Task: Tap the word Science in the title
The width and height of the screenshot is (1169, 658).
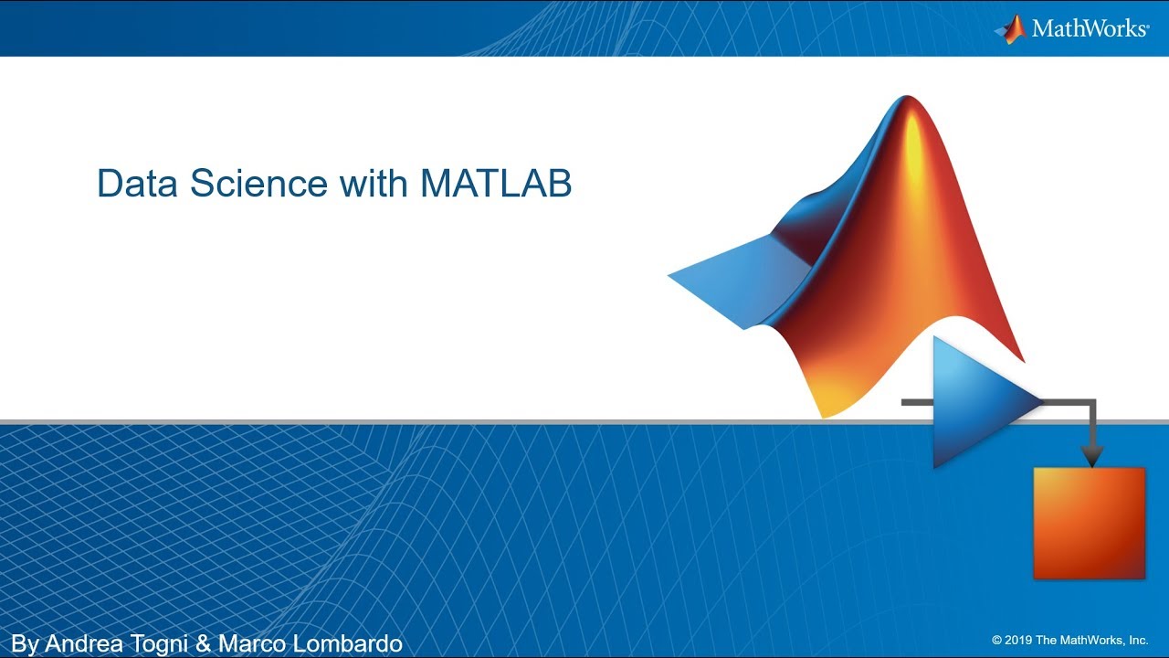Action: [259, 184]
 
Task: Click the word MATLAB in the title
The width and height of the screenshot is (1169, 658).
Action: [496, 184]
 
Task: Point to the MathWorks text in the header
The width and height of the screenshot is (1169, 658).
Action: [1089, 28]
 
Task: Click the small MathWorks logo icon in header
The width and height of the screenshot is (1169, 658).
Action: [1010, 29]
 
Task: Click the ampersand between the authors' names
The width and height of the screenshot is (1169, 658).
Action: [204, 643]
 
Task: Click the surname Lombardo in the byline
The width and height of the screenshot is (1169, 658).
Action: [345, 643]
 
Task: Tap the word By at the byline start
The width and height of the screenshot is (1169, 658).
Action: [26, 643]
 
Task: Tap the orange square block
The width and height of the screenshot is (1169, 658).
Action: [1089, 523]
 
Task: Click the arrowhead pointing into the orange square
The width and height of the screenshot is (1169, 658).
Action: [1092, 456]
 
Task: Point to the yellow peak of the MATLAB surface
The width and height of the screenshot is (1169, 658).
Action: [913, 146]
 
